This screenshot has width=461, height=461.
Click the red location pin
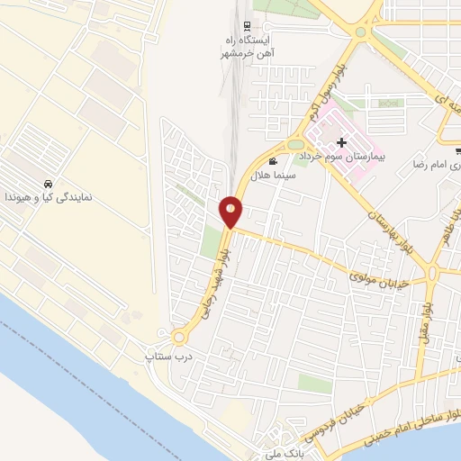click(x=231, y=211)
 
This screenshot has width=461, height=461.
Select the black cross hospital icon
click(x=341, y=142)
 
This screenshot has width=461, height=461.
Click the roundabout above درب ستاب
click(x=179, y=338)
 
